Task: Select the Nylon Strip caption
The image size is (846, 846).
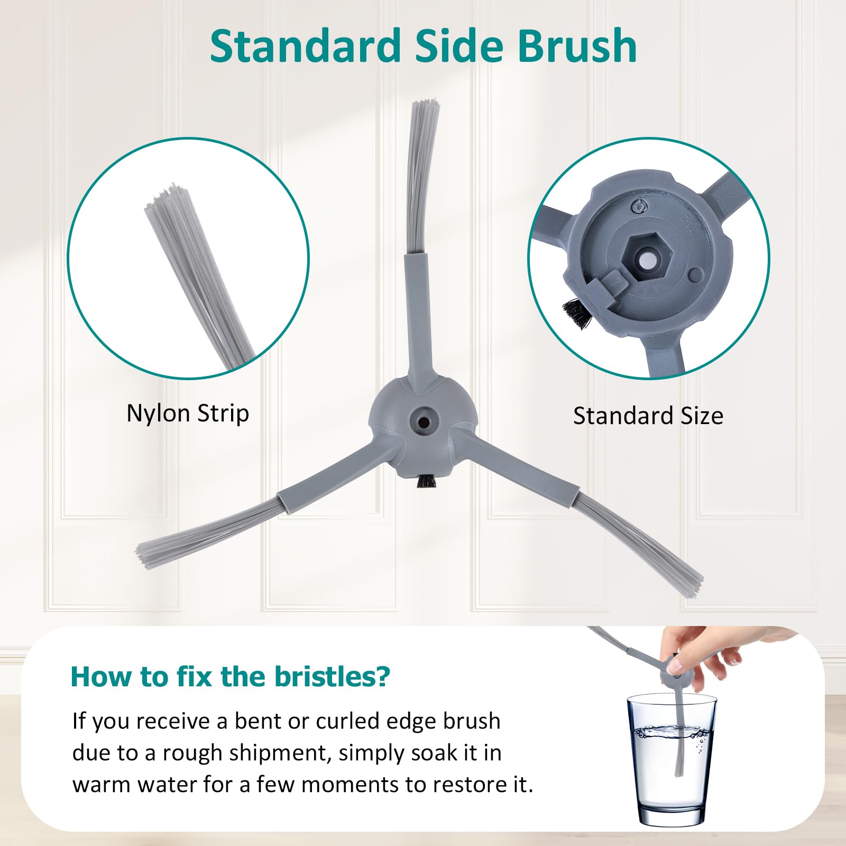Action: pos(188,413)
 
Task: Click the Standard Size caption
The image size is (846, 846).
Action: pos(648,416)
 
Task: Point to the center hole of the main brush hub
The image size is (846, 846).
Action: pos(423,422)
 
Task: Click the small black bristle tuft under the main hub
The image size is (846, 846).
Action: pos(426,481)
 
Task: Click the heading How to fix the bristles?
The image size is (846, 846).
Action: pos(231,676)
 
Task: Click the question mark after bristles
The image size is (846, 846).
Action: pos(383,676)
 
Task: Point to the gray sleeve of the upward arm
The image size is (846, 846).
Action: pos(417,317)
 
